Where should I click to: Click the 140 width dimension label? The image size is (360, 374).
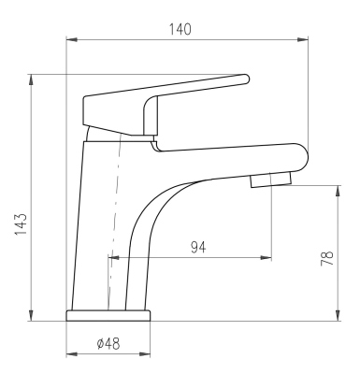coord(180,29)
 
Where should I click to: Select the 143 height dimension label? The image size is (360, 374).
coord(22,224)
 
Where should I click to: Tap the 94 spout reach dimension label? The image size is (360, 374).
coord(198,248)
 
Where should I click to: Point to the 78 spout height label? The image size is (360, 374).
coord(327,258)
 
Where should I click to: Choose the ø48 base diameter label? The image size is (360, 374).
coord(108,344)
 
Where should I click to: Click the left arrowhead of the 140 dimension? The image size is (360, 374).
coord(72,39)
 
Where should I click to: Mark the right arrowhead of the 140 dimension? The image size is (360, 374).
coord(302,39)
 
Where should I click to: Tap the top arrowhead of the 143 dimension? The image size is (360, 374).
coord(31,79)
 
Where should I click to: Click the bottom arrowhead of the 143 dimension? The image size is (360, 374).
coord(31,315)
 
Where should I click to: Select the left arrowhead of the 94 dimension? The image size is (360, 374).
coord(114,258)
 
